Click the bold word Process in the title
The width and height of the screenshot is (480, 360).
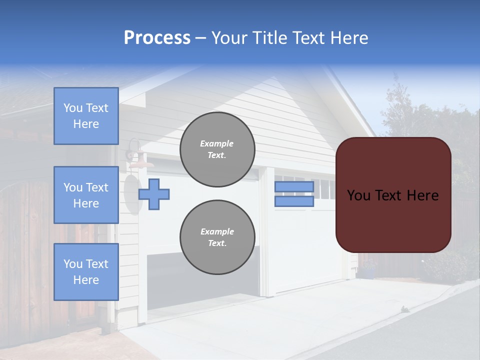(x=157, y=38)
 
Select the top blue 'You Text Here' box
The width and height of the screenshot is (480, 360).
(x=86, y=116)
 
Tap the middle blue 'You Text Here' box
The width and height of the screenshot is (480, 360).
(x=86, y=195)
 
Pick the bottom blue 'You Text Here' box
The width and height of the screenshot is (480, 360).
(x=86, y=272)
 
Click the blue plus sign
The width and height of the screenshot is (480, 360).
(x=154, y=194)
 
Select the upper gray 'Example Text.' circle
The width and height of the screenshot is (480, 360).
(x=217, y=149)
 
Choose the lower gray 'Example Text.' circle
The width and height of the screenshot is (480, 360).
(x=217, y=237)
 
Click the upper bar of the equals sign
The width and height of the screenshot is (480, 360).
(x=294, y=187)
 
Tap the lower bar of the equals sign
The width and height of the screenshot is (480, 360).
(x=294, y=201)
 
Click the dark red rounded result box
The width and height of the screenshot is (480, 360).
(x=393, y=220)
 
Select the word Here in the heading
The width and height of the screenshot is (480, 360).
(x=349, y=38)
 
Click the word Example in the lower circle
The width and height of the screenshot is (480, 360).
(x=217, y=231)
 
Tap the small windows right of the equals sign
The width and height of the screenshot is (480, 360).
(x=325, y=189)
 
